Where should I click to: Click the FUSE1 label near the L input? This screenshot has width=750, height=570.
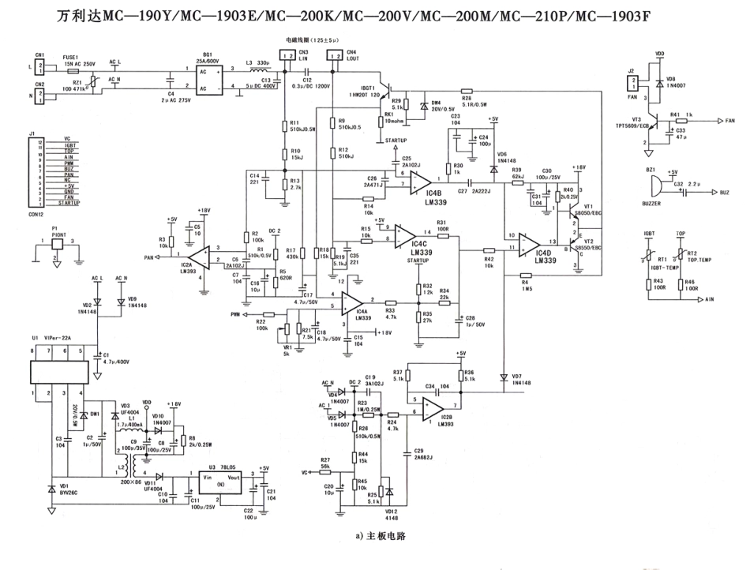(x=71, y=58)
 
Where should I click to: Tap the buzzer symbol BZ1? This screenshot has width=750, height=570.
(x=654, y=187)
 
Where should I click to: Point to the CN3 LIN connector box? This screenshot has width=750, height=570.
(x=289, y=56)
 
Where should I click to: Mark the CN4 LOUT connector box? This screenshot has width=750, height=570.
(x=335, y=56)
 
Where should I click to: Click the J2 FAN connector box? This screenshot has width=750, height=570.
(x=632, y=81)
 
